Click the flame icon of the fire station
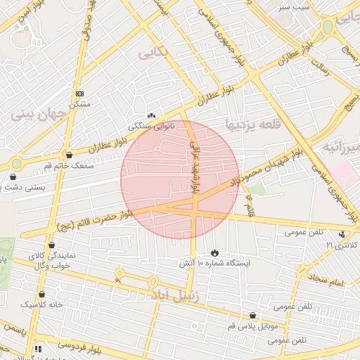click(x=214, y=252)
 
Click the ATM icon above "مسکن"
click(x=79, y=94)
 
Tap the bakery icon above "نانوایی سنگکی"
click(x=150, y=115)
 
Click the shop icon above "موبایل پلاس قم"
click(x=252, y=316)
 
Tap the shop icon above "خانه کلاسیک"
click(x=41, y=295)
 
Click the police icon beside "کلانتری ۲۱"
click(x=342, y=234)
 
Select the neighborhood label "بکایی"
click(x=153, y=53)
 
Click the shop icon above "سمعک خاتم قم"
click(x=67, y=155)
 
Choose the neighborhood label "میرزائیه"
click(x=341, y=147)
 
